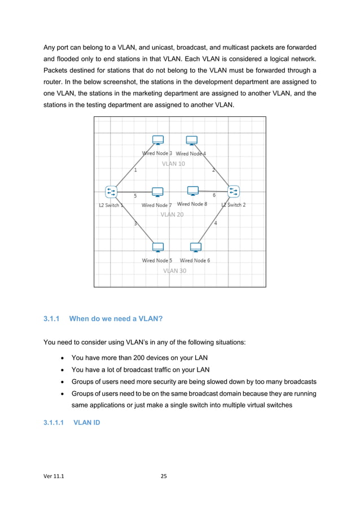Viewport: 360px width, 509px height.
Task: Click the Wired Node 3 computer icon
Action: click(x=158, y=141)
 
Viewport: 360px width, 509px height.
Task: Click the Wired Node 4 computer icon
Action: click(x=192, y=141)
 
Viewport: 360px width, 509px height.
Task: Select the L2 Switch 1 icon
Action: click(x=111, y=192)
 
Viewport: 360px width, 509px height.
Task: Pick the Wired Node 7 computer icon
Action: click(x=157, y=193)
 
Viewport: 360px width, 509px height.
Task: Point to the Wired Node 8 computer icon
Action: click(x=192, y=191)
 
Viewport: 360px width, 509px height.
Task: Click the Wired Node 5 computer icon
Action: click(x=158, y=247)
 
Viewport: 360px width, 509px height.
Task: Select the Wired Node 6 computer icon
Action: click(x=196, y=247)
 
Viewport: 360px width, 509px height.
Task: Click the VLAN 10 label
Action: click(x=173, y=164)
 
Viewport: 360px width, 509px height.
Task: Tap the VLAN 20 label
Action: click(x=172, y=214)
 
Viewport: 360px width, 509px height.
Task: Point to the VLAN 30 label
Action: click(x=174, y=270)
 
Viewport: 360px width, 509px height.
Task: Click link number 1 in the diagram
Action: click(x=135, y=170)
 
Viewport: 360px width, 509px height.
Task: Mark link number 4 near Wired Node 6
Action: click(x=216, y=223)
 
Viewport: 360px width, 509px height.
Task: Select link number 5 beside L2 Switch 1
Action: click(x=135, y=196)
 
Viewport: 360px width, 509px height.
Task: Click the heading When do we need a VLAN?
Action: click(x=116, y=319)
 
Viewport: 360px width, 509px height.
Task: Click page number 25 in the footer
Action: click(x=164, y=477)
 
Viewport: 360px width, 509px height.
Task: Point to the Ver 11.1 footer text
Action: click(x=54, y=477)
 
